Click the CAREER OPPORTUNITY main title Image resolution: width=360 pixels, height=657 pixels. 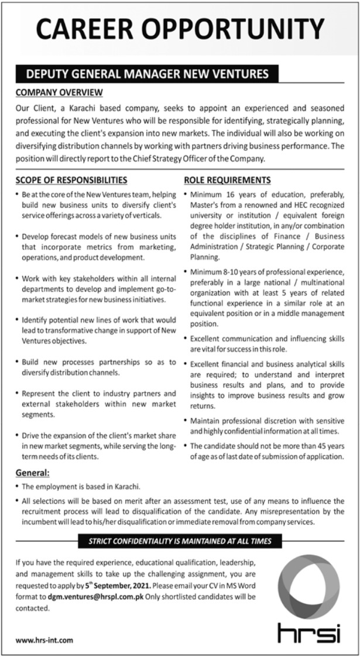click(x=180, y=29)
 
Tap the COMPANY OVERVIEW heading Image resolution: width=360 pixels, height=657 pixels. click(x=59, y=92)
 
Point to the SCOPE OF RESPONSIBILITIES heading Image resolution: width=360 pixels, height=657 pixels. click(x=71, y=180)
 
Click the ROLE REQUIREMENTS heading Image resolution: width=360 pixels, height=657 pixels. click(x=227, y=180)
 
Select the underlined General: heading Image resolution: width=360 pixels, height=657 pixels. click(x=32, y=472)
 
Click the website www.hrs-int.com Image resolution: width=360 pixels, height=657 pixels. click(x=44, y=640)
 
